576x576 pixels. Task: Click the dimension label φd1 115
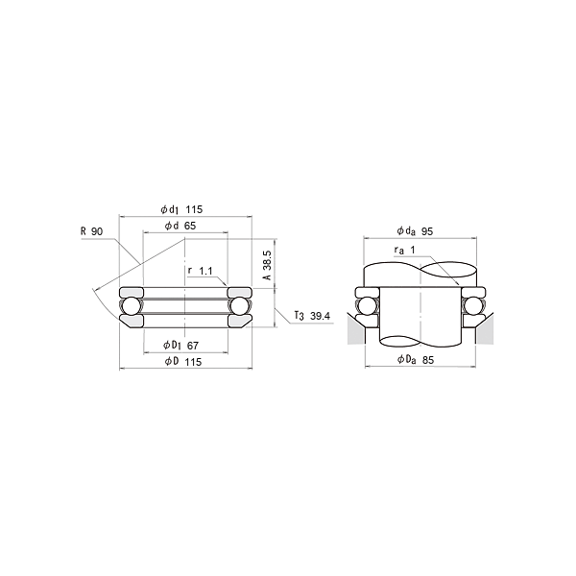(x=181, y=209)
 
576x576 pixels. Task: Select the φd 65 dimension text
(x=180, y=226)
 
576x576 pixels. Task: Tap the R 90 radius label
(x=92, y=231)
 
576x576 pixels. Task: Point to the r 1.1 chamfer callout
(x=201, y=271)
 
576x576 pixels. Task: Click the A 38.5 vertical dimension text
(x=268, y=265)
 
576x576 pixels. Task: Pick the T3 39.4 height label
(x=312, y=316)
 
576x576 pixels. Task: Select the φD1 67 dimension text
(x=180, y=346)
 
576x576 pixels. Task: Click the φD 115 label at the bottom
(x=183, y=362)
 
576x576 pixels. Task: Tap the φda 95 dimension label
(x=415, y=231)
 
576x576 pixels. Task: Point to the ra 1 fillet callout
(x=404, y=251)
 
